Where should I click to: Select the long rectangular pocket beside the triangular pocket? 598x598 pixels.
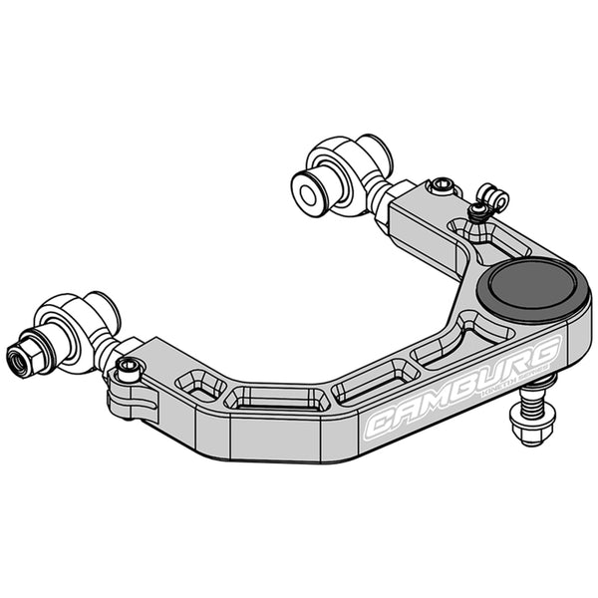[x=278, y=399]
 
